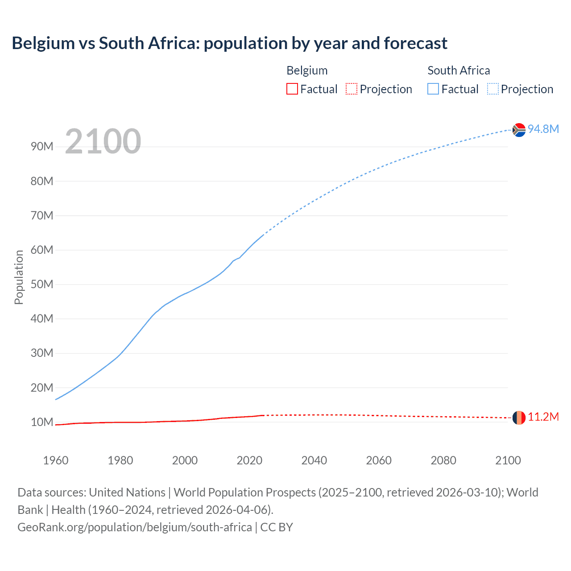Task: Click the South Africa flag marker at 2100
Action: click(x=519, y=130)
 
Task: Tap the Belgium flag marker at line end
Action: click(x=519, y=418)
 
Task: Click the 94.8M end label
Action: click(x=543, y=129)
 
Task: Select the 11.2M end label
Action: click(x=543, y=417)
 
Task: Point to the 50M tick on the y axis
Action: click(x=42, y=285)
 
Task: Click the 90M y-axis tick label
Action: click(x=42, y=147)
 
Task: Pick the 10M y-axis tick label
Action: click(x=42, y=422)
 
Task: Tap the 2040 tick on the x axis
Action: click(x=314, y=460)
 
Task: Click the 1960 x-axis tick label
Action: click(x=56, y=460)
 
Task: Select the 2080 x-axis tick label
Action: click(x=443, y=460)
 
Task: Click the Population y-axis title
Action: click(x=19, y=277)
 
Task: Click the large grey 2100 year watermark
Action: click(x=103, y=141)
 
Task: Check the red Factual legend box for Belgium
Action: click(x=292, y=89)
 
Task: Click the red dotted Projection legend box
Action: click(x=352, y=89)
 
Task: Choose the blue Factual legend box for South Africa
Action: click(x=433, y=89)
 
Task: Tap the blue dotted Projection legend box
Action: click(x=493, y=89)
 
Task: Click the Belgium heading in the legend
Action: click(x=307, y=70)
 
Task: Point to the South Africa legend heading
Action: click(x=459, y=70)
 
